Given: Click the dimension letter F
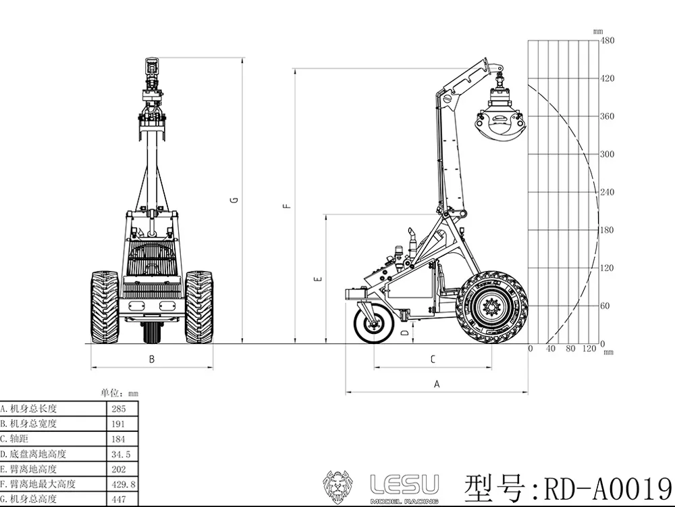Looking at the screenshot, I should tap(287, 206).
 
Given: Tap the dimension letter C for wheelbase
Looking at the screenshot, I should tap(433, 360).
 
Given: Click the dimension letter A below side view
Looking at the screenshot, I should tap(437, 384).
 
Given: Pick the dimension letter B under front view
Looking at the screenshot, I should tap(152, 360).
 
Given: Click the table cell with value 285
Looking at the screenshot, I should tap(122, 408).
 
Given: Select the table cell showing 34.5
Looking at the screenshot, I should tap(122, 454).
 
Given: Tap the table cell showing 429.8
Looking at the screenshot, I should tap(122, 484).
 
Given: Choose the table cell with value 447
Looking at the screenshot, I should tap(122, 499).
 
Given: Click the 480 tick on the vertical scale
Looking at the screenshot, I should tap(607, 41).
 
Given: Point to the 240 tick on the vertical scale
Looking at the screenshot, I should tap(607, 192).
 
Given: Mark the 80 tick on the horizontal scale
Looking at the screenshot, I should tap(570, 349).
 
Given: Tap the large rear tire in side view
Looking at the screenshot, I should tap(491, 308).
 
